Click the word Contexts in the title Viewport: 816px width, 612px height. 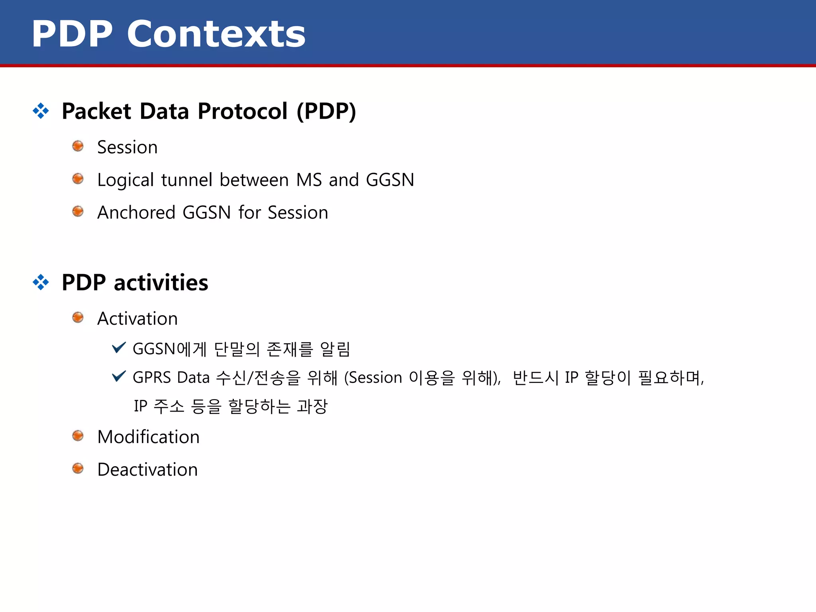click(216, 34)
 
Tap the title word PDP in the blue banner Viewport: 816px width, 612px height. click(72, 34)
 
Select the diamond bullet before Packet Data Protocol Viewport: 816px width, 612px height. click(41, 111)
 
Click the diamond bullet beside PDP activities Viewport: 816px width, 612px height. click(41, 282)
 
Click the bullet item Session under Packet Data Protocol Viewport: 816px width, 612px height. click(127, 147)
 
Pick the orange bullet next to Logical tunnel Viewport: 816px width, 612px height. click(78, 179)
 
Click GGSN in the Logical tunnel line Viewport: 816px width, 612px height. click(390, 180)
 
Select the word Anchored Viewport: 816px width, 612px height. click(136, 212)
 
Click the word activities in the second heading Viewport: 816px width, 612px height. click(161, 283)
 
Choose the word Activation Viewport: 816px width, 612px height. click(137, 319)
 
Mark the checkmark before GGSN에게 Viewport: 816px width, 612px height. click(119, 347)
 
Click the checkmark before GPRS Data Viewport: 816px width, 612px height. click(119, 376)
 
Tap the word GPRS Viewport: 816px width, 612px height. click(151, 377)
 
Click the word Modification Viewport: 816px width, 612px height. click(148, 437)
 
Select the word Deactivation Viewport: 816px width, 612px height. click(147, 470)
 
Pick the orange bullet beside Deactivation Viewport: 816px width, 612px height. click(78, 468)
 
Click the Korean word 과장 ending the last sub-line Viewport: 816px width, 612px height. click(312, 406)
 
